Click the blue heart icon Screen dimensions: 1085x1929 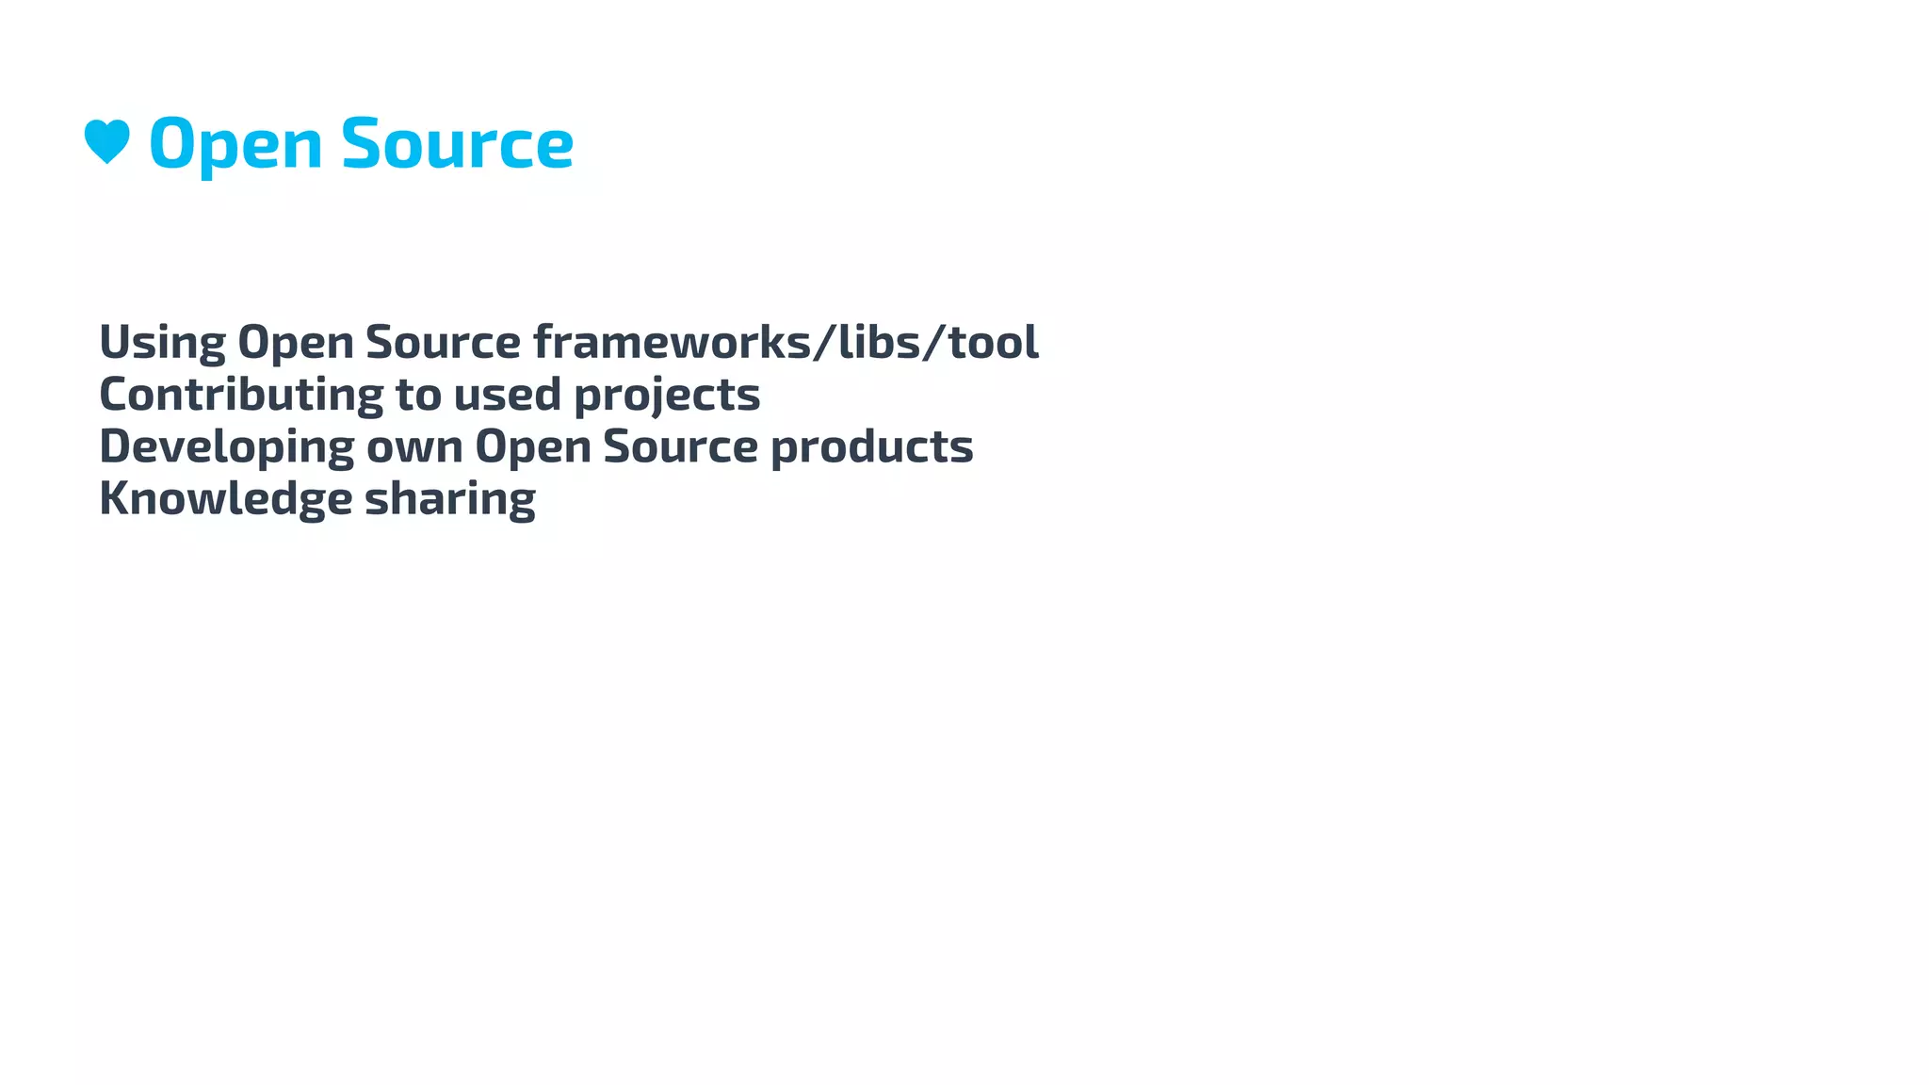(x=106, y=142)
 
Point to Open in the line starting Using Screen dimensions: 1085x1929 (x=295, y=343)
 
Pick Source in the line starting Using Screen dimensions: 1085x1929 (x=443, y=343)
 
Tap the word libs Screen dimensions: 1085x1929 (x=880, y=343)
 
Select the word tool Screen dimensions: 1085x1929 (x=993, y=343)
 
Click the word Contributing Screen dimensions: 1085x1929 (x=241, y=395)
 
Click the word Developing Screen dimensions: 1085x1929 (x=226, y=447)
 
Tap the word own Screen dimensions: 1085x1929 (x=414, y=447)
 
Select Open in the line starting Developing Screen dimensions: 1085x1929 (x=532, y=447)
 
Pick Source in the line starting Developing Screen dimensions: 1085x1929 (x=680, y=447)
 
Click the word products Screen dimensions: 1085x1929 (x=872, y=447)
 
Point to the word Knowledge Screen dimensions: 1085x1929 (x=225, y=499)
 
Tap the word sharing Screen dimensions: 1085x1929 (x=450, y=499)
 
